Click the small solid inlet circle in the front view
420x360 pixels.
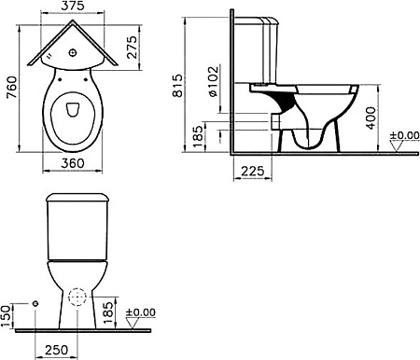(35, 303)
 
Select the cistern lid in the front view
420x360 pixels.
(77, 200)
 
